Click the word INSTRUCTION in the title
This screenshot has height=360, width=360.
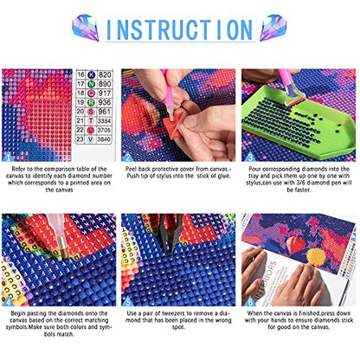[x=179, y=28]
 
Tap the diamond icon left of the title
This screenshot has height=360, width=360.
[x=85, y=28]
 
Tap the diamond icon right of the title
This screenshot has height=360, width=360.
[x=274, y=28]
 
